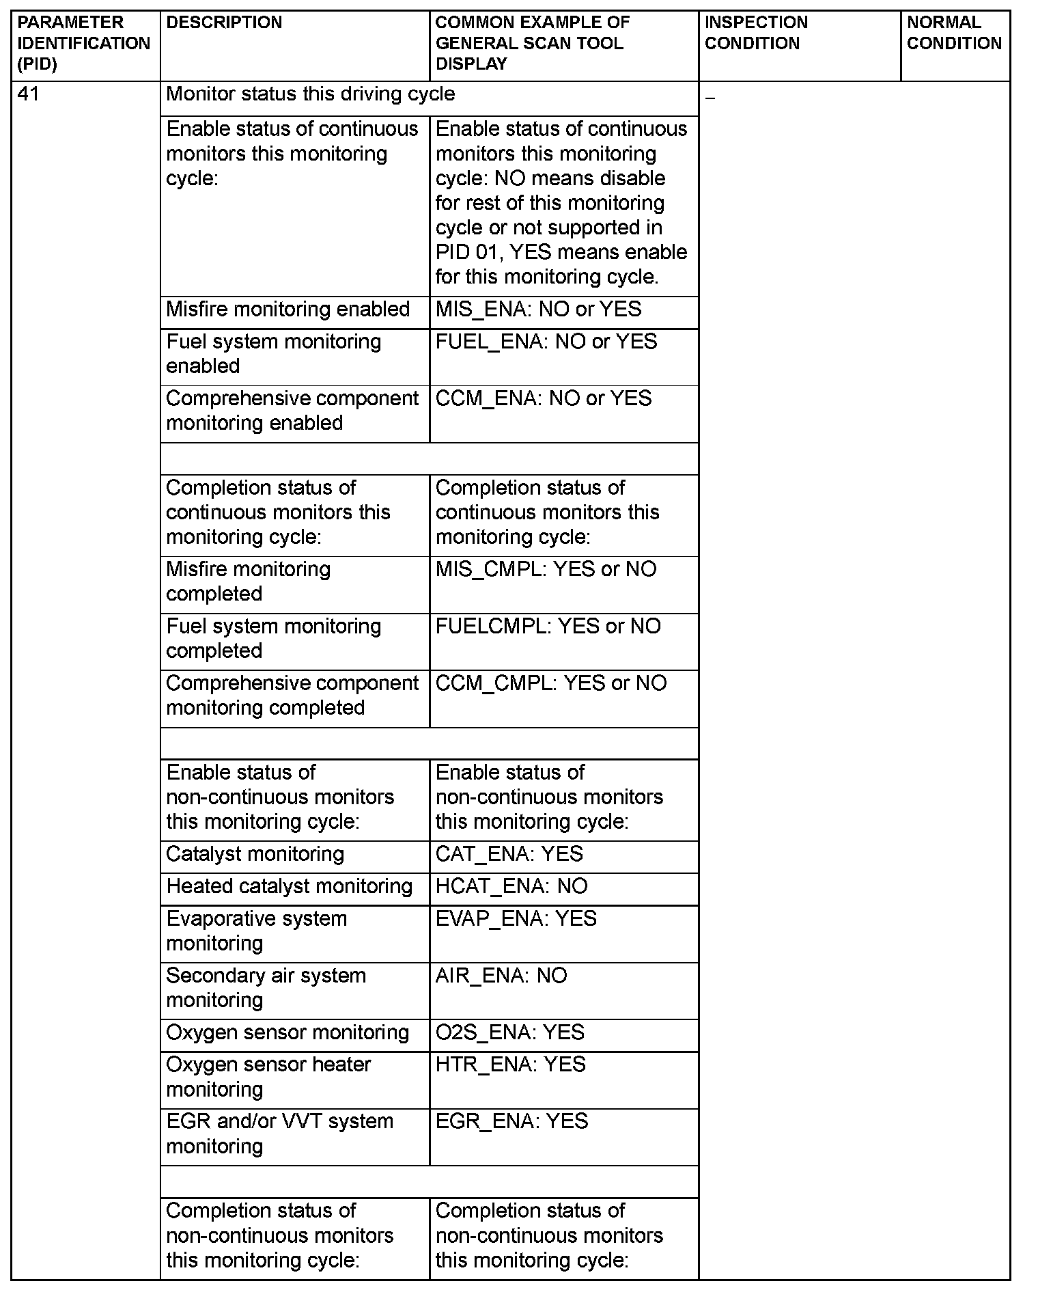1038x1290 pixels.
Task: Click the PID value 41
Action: tap(28, 94)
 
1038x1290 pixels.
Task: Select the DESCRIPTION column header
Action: tap(224, 23)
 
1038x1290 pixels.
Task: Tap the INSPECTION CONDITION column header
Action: tap(756, 33)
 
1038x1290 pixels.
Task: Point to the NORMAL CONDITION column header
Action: tap(954, 33)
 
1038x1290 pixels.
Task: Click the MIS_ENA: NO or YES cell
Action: tap(538, 310)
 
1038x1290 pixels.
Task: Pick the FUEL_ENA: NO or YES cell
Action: tap(546, 342)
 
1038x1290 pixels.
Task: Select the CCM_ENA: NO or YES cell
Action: tap(544, 398)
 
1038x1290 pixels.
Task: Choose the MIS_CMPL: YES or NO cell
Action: tap(546, 569)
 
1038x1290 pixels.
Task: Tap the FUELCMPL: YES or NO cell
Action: tap(548, 626)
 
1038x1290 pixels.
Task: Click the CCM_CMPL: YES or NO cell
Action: tap(550, 683)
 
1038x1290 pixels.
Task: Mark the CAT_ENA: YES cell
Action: tap(509, 854)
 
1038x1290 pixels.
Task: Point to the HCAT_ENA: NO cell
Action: tap(511, 886)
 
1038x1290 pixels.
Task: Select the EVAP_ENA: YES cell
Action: tap(516, 919)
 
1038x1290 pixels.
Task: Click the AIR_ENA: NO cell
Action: tap(501, 976)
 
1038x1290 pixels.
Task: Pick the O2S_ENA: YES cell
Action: tap(509, 1032)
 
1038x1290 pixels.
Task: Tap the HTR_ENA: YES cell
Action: tap(510, 1065)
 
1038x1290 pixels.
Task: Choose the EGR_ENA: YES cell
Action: tap(511, 1121)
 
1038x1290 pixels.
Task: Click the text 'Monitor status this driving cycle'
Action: tap(310, 94)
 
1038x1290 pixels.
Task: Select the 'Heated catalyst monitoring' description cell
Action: tap(289, 886)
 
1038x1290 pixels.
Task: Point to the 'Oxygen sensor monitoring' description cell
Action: tap(287, 1032)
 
